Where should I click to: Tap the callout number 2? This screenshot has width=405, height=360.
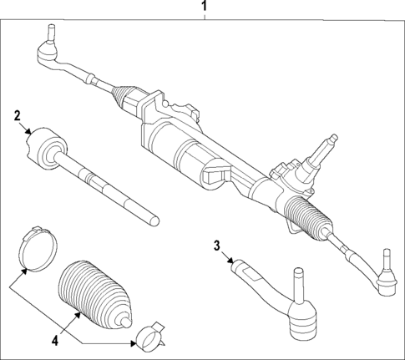click(x=16, y=116)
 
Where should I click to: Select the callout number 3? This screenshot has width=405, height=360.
click(x=216, y=246)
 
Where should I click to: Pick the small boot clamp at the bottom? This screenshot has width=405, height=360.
click(x=147, y=336)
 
